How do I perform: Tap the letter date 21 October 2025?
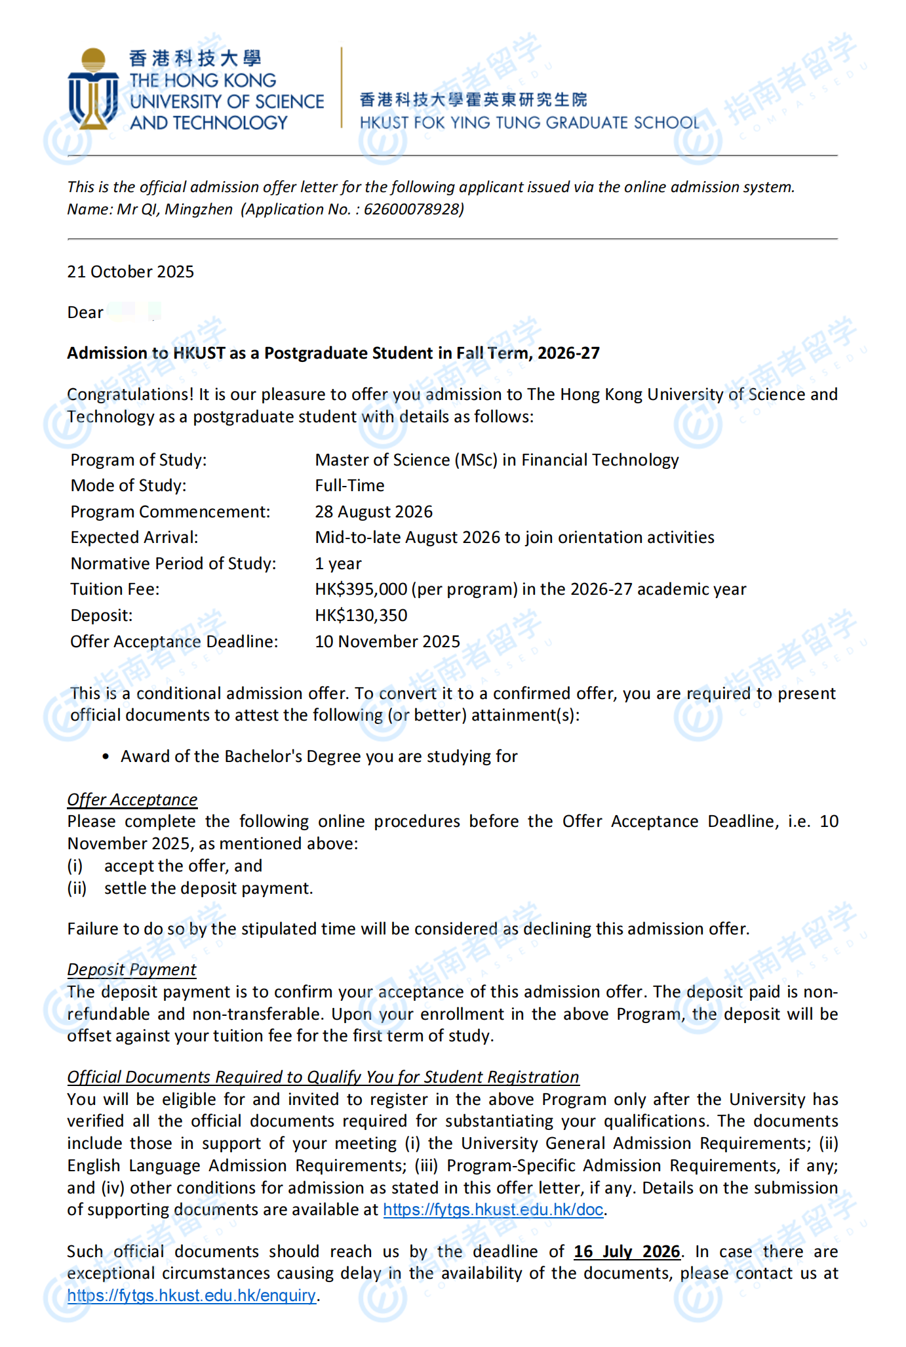pos(130,271)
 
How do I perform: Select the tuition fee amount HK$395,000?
pos(361,589)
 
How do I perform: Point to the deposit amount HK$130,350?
pos(361,615)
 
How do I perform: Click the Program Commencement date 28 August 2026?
pos(374,512)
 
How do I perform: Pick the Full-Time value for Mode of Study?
pos(349,485)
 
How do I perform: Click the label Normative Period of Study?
pos(173,563)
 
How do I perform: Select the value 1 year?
pos(338,563)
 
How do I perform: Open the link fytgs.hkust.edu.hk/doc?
pos(493,1209)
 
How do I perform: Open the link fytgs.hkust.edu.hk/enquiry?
pos(191,1295)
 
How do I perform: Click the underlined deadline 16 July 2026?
pos(627,1251)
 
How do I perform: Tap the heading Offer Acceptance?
pos(132,799)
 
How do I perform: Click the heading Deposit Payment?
pos(131,969)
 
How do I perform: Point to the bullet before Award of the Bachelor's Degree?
pos(106,757)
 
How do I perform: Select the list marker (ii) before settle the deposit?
pos(77,888)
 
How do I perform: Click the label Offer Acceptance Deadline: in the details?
pos(174,641)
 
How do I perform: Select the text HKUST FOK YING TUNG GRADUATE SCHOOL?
pos(529,123)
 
